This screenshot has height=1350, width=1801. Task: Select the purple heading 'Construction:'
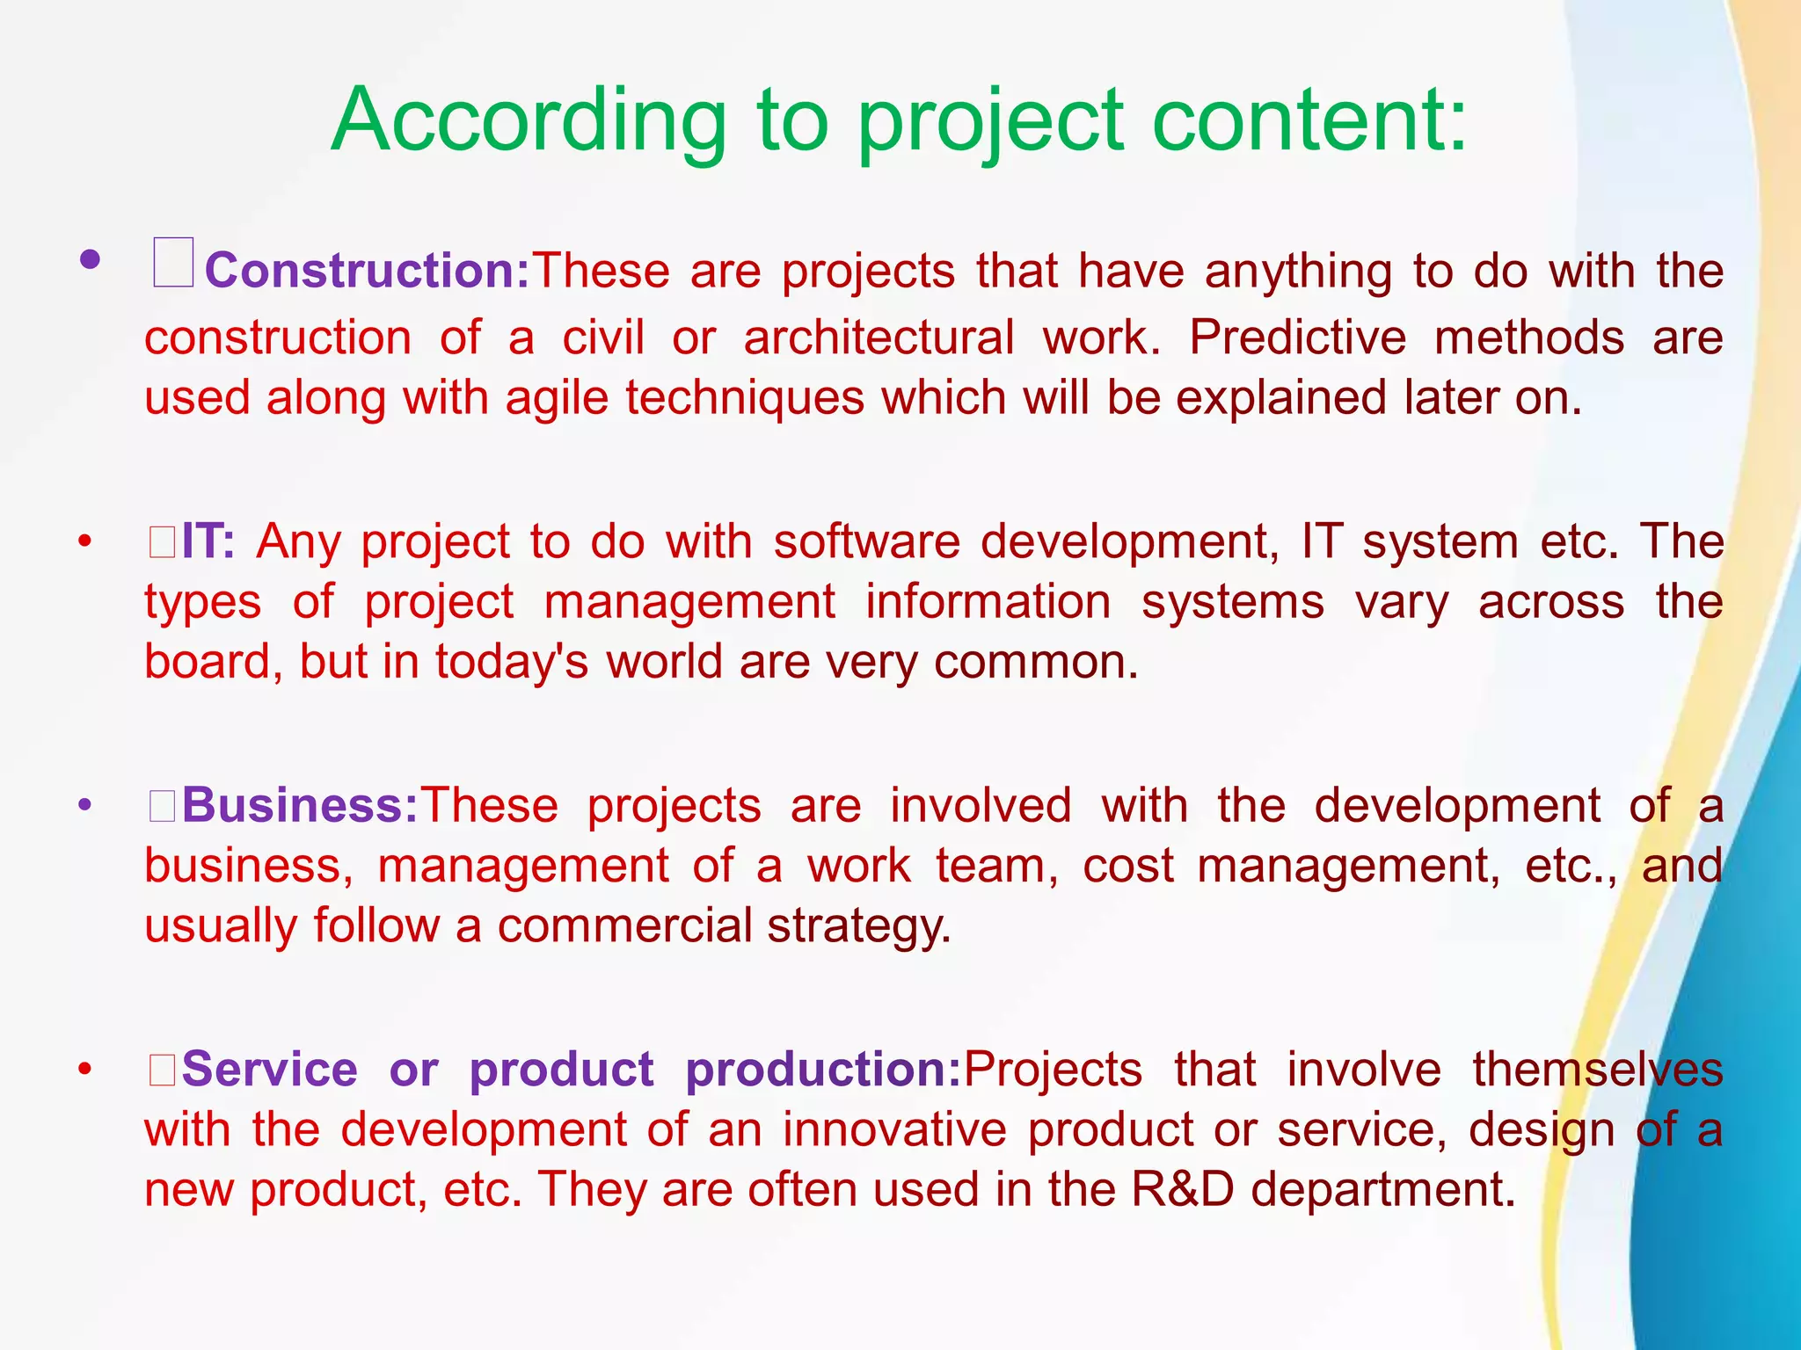click(368, 270)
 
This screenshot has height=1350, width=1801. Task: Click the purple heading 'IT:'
click(208, 541)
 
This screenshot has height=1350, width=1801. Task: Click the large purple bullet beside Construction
click(90, 259)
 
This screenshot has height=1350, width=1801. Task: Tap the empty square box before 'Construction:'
click(172, 263)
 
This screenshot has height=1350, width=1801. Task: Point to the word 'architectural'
click(879, 337)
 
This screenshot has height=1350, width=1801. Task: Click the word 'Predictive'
click(1297, 337)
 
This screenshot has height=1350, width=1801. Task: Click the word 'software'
click(866, 541)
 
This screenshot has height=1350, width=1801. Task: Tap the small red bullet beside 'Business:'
click(84, 805)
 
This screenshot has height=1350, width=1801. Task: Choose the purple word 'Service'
click(270, 1070)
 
